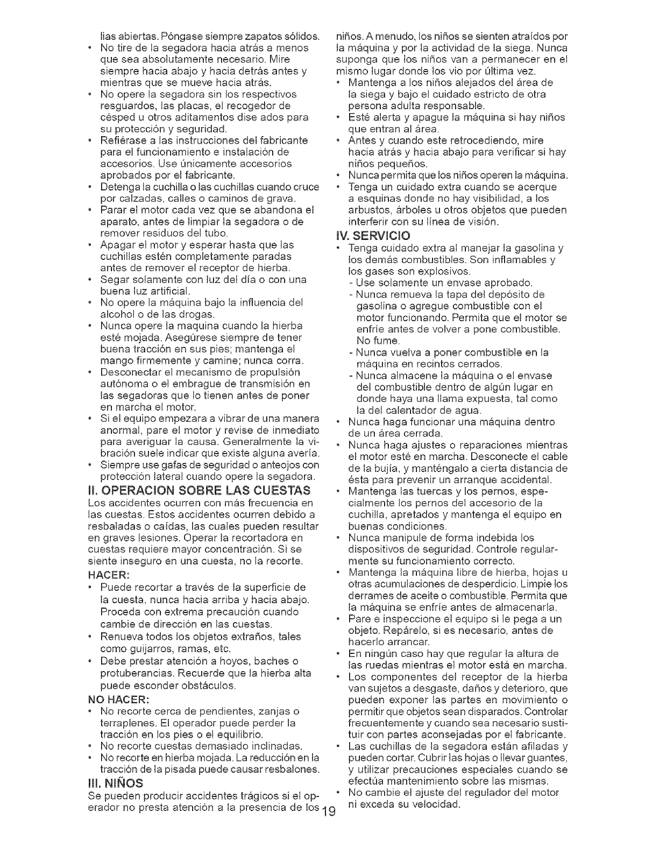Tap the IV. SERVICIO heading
click(372, 236)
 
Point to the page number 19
click(328, 809)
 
